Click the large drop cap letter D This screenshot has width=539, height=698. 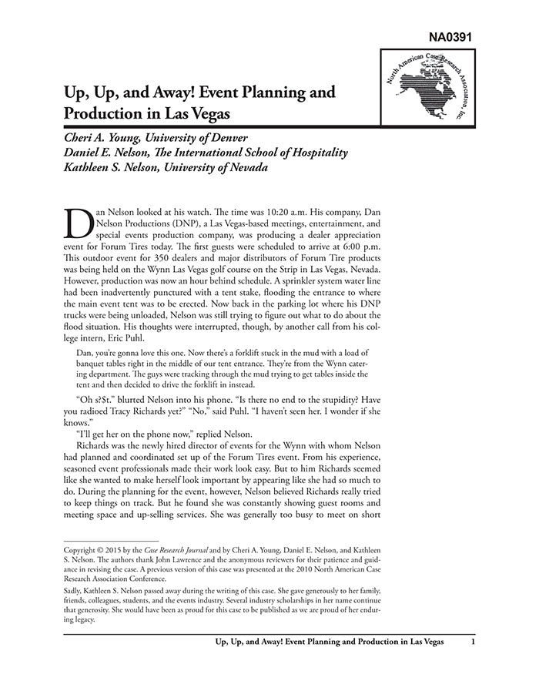(80, 224)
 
